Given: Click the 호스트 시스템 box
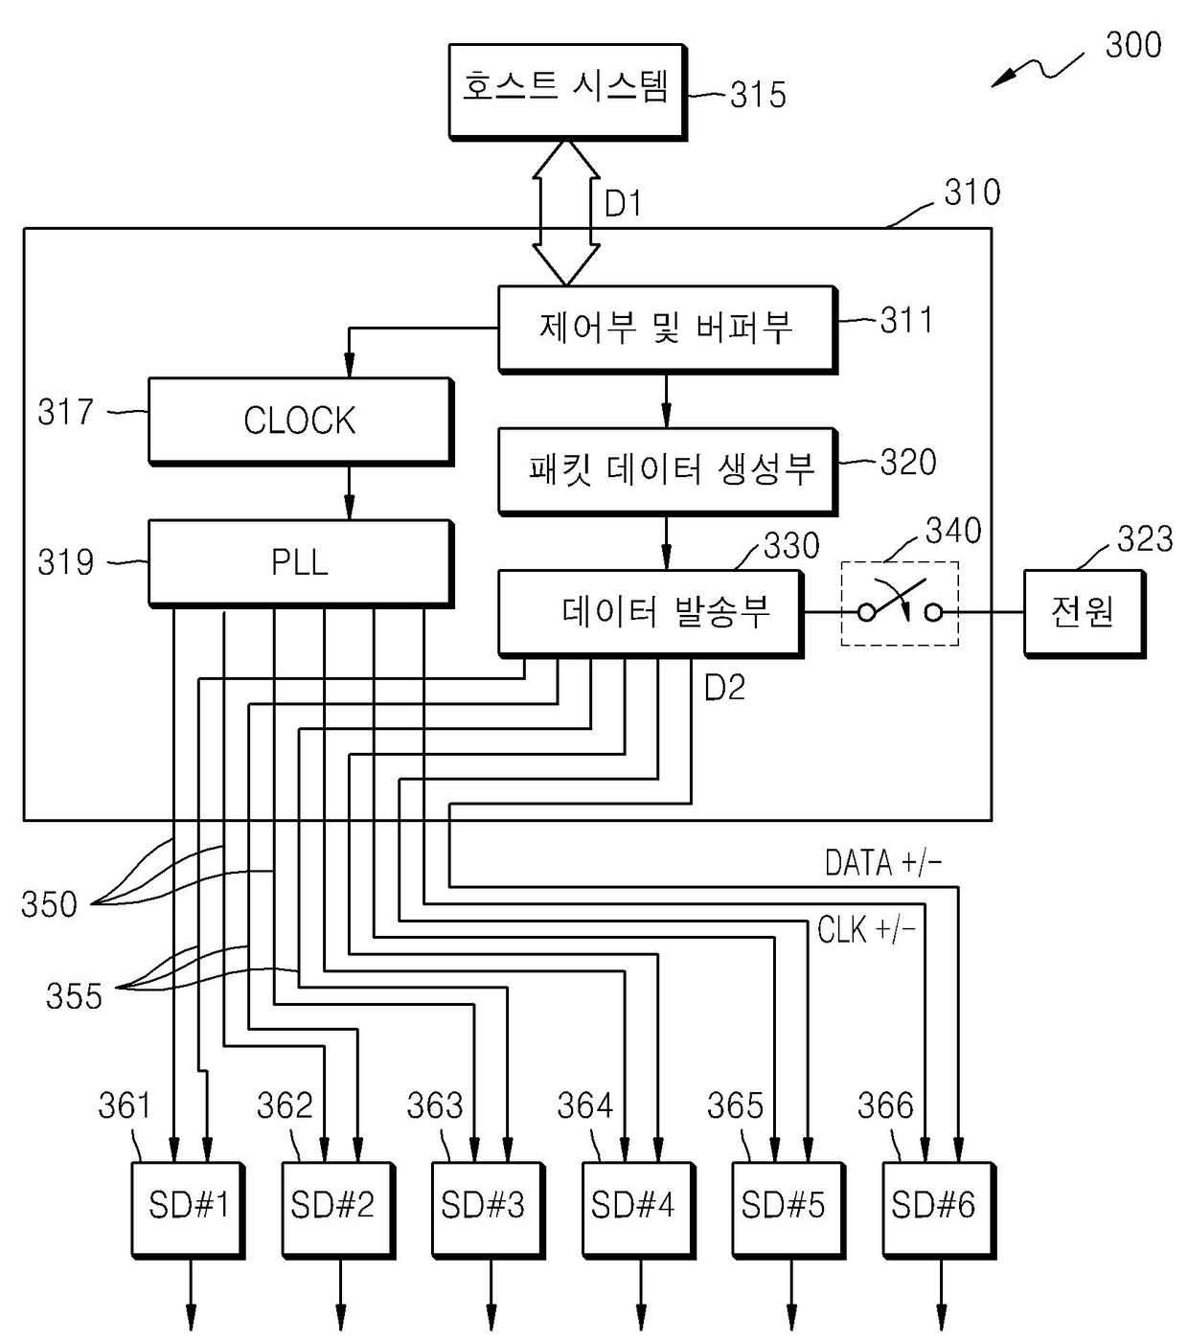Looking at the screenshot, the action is coord(567,92).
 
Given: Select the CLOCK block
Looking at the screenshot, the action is coord(301,421).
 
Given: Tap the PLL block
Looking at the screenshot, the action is coord(301,563).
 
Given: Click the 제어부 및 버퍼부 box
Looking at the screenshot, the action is coord(668,330).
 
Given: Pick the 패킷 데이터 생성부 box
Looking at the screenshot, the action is coord(668,471).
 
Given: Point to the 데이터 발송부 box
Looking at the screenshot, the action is coord(651,614).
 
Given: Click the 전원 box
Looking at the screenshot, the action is coord(1085,614).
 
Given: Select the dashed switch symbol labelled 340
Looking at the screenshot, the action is coord(900,603).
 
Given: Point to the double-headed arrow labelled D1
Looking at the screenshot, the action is coord(566,213).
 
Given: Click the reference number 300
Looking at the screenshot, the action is coord(1133,45).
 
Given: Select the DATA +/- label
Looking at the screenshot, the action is coord(882,863).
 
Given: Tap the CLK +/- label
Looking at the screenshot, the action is coord(866,929).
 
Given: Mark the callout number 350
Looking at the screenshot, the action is coord(49,904).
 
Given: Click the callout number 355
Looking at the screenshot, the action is coord(74,996).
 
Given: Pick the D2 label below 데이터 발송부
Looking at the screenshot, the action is coord(724,688).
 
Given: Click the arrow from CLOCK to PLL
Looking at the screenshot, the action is coord(350,493).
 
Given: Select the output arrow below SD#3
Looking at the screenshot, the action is coord(491,1294).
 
